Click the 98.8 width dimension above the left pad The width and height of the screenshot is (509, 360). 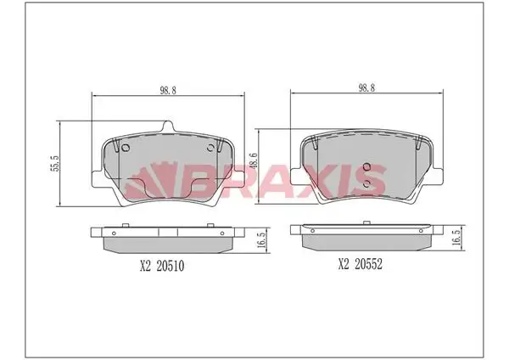coord(168,91)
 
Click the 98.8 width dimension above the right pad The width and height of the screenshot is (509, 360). coord(366,88)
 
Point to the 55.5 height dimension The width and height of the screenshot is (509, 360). coord(55,163)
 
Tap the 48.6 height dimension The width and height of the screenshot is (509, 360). coord(253,160)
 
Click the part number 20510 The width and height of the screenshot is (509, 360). coord(171,267)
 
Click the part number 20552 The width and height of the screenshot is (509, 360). coord(368,264)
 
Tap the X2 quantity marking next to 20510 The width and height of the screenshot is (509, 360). coord(146,267)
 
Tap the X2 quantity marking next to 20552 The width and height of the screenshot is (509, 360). coord(344,264)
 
